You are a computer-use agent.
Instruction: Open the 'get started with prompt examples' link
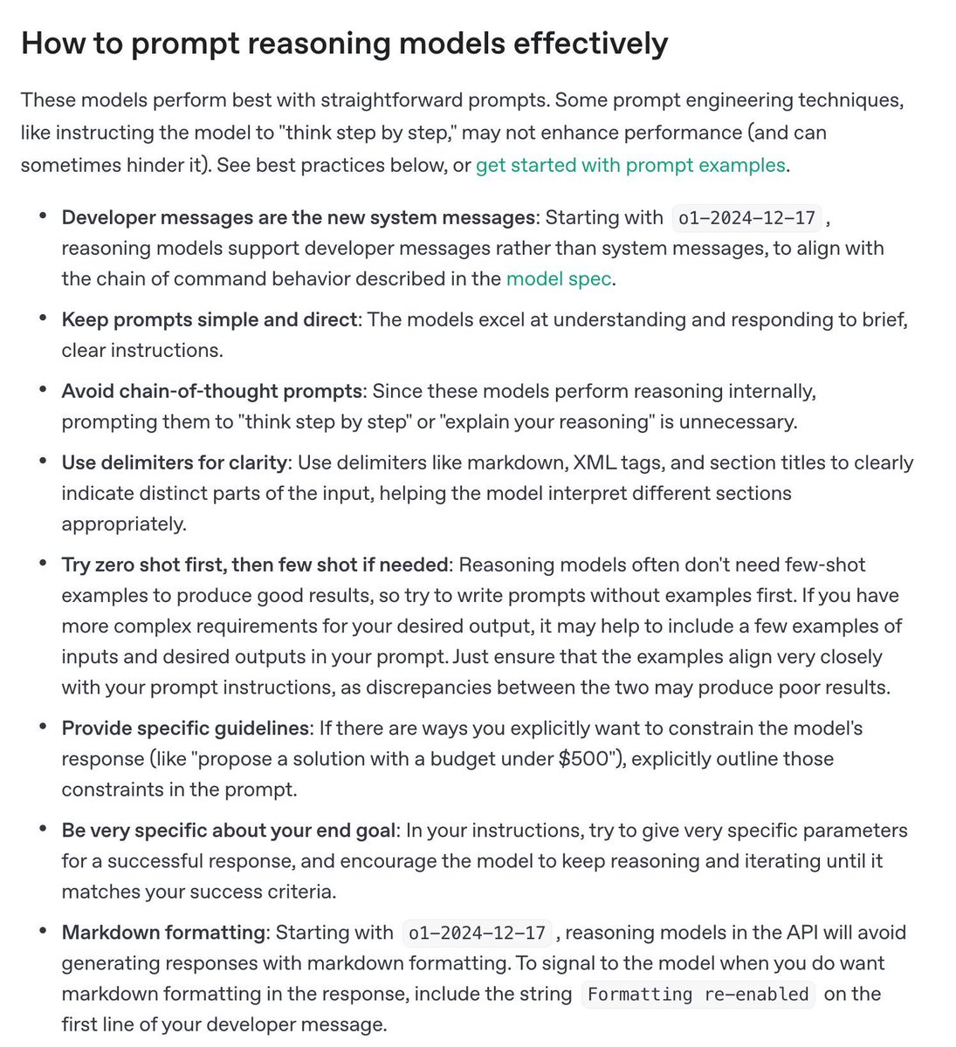[x=630, y=165]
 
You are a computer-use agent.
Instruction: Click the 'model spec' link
[x=559, y=278]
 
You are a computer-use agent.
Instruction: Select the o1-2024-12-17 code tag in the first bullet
[x=746, y=217]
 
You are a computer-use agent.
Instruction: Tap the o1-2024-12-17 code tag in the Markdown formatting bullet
[x=478, y=933]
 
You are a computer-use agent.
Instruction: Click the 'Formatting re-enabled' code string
[x=698, y=994]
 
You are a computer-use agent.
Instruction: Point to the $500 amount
[x=584, y=758]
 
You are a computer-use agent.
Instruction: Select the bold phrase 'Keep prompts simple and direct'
[x=210, y=319]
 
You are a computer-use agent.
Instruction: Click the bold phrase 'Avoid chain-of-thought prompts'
[x=211, y=391]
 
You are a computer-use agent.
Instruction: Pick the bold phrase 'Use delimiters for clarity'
[x=174, y=462]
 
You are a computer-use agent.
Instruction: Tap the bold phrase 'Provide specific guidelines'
[x=185, y=728]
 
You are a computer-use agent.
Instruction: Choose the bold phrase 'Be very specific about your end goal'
[x=230, y=830]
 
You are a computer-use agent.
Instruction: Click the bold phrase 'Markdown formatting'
[x=162, y=932]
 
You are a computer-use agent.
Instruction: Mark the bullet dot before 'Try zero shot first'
[x=43, y=564]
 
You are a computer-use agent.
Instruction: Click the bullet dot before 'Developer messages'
[x=43, y=216]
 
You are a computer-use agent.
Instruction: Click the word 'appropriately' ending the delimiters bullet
[x=122, y=523]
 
